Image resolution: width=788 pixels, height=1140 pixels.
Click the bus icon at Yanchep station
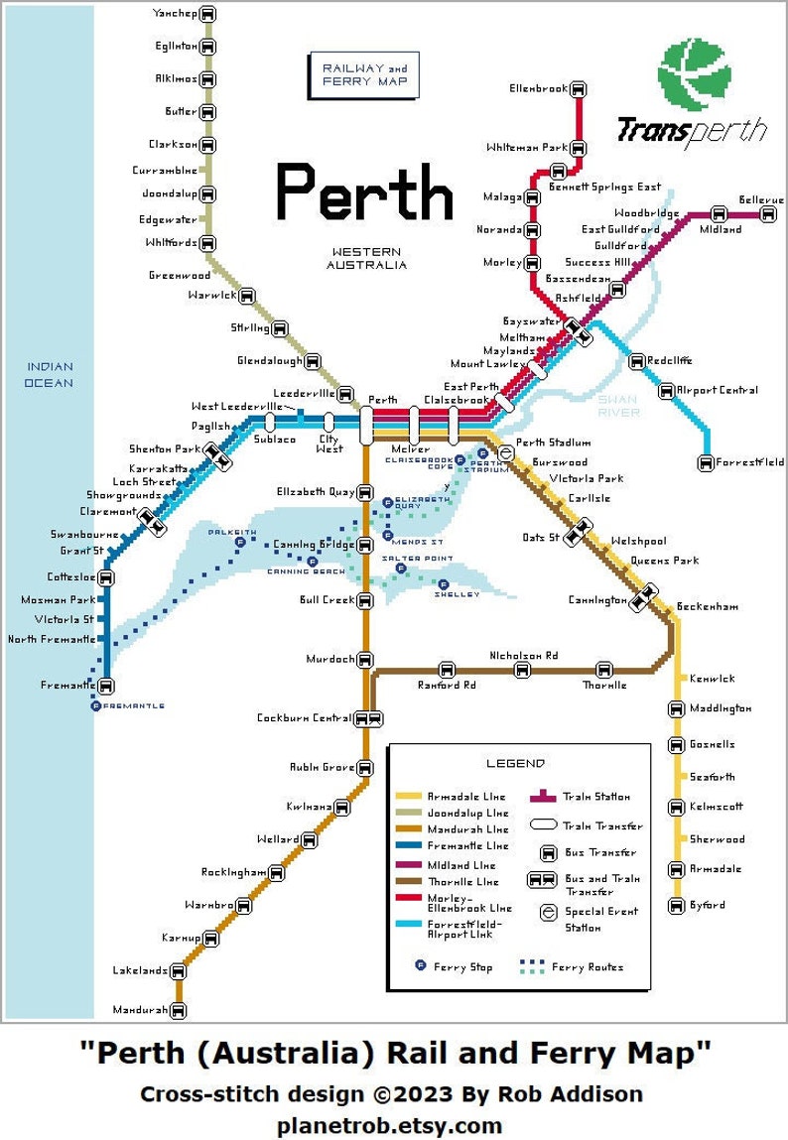tap(207, 15)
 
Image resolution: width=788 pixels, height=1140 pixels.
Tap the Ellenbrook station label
tap(538, 88)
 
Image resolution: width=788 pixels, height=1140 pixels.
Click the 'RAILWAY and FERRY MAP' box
tap(364, 73)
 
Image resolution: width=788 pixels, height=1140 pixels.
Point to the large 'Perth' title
tap(363, 192)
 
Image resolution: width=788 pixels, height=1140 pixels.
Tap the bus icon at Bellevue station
tap(769, 213)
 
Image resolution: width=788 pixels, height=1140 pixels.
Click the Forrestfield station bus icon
tap(706, 461)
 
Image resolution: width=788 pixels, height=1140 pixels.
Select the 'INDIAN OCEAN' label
tap(50, 374)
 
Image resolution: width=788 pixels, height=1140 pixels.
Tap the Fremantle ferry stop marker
tap(96, 705)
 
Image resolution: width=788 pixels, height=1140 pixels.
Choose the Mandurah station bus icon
tap(179, 1011)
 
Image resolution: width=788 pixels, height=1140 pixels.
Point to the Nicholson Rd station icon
tap(522, 670)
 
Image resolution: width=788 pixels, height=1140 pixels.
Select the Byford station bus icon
tap(676, 905)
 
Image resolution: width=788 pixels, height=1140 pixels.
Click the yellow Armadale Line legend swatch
tap(408, 797)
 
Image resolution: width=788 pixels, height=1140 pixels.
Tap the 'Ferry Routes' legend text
tap(588, 966)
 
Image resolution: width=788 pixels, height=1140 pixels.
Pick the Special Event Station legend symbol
tap(547, 912)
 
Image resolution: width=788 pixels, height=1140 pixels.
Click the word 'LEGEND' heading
tap(515, 763)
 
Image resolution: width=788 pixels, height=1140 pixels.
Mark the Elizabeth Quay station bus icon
tap(365, 491)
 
